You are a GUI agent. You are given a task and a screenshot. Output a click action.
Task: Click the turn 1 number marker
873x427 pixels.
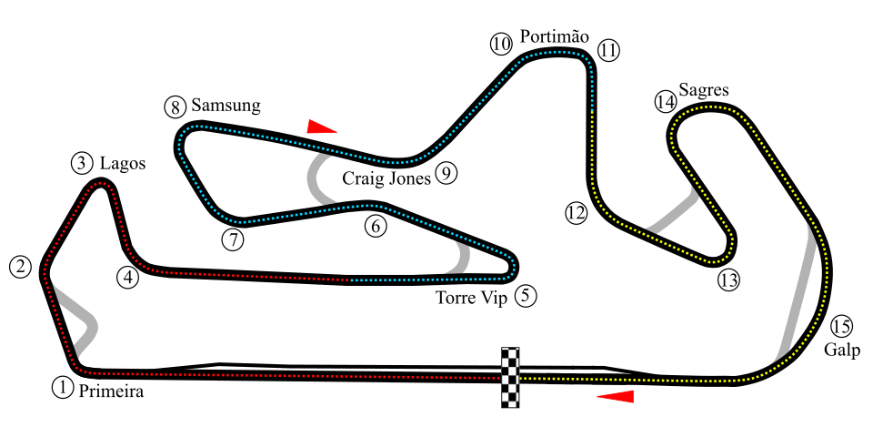click(62, 387)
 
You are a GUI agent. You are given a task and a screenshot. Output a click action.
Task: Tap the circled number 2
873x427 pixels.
click(21, 267)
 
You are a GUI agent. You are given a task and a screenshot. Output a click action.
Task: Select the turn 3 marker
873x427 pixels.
click(82, 163)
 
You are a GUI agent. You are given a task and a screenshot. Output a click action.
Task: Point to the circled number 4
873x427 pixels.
click(127, 278)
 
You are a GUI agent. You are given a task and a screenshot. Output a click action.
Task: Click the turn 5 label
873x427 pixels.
click(525, 295)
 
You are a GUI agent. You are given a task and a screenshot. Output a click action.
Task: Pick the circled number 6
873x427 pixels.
click(376, 225)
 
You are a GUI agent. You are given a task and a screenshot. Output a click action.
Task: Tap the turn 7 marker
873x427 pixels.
click(234, 239)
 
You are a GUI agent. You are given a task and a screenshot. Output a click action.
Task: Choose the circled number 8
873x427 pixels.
click(176, 107)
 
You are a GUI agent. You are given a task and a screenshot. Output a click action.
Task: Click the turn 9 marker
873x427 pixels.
click(446, 172)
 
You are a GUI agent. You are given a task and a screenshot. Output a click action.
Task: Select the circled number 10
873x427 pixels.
click(501, 44)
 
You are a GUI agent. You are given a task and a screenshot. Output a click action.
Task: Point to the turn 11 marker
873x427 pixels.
click(608, 50)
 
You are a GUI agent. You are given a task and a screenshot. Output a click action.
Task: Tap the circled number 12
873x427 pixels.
click(576, 213)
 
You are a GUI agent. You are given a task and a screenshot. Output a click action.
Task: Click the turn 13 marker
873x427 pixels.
click(728, 280)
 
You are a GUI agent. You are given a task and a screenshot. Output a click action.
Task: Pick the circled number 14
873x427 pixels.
click(666, 101)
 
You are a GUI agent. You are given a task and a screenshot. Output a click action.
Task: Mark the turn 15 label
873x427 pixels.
click(841, 326)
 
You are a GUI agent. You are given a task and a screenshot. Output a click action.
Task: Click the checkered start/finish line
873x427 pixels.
click(510, 377)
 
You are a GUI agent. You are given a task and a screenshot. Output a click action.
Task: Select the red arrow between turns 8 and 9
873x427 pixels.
click(321, 127)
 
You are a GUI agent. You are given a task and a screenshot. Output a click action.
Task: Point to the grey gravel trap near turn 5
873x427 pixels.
click(460, 259)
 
